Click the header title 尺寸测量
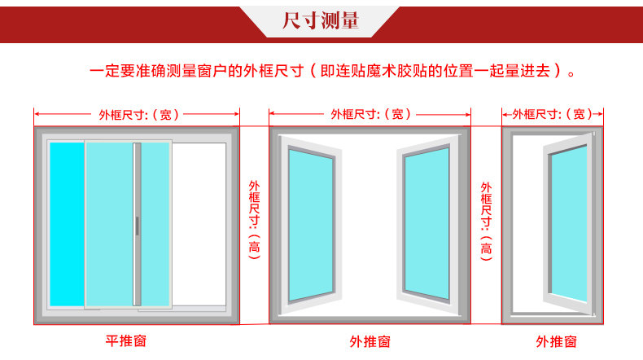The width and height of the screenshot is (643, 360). click(321, 20)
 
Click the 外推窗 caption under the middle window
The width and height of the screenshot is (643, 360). click(370, 340)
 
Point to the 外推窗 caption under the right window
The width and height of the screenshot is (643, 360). click(556, 340)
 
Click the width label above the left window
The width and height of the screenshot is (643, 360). click(136, 115)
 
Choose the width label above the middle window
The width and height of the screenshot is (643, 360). click(370, 115)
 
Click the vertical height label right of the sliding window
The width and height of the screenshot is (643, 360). click(254, 220)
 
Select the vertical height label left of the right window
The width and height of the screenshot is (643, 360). click(486, 220)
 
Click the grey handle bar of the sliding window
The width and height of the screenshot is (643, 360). click(138, 224)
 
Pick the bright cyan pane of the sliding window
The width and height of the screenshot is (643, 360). click(67, 224)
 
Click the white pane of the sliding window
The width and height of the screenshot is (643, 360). click(199, 224)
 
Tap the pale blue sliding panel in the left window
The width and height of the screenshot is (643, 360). click(110, 224)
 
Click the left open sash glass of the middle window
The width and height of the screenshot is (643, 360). click(310, 224)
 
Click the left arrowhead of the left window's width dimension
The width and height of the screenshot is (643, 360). click(37, 115)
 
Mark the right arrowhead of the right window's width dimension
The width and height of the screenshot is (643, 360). click(600, 115)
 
